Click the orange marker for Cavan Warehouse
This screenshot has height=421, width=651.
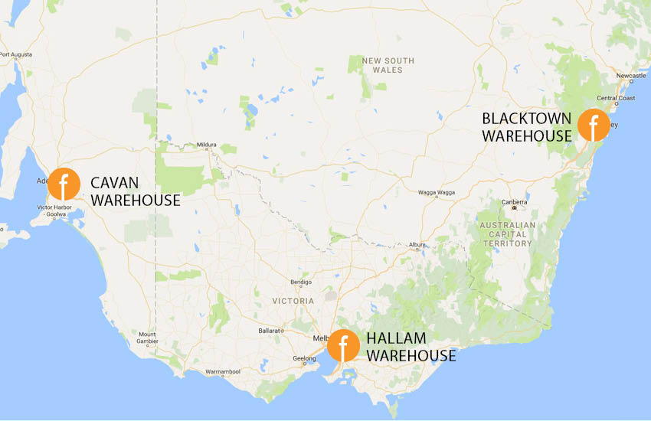(64, 184)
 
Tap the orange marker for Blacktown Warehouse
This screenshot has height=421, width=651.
(594, 125)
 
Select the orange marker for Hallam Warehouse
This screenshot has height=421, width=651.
(343, 346)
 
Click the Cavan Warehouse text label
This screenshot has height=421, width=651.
(136, 191)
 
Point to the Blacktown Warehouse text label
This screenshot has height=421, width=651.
(527, 127)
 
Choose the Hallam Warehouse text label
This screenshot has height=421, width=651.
(411, 347)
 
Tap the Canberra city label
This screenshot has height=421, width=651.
(514, 202)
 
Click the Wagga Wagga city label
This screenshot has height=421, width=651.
(437, 193)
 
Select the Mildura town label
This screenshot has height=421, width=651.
(207, 145)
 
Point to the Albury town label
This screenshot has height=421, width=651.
(417, 245)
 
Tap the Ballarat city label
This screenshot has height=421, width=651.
(270, 330)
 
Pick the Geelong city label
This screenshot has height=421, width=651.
(305, 359)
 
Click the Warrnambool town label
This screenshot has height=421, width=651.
(224, 372)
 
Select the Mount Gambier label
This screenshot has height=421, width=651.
(147, 338)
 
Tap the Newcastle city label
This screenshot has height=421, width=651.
(632, 76)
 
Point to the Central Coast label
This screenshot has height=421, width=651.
(617, 98)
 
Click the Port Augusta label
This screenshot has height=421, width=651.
(16, 54)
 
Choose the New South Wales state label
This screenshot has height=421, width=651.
(388, 65)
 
